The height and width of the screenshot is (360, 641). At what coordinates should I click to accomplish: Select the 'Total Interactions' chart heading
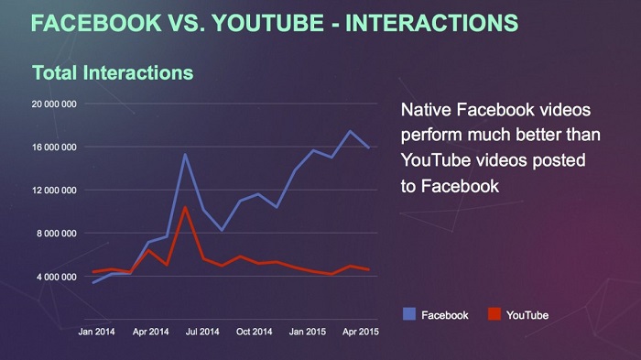pyautogui.click(x=112, y=71)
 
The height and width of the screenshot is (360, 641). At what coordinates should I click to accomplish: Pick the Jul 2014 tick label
pyautogui.click(x=203, y=331)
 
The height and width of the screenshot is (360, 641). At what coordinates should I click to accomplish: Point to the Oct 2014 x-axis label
pyautogui.click(x=255, y=331)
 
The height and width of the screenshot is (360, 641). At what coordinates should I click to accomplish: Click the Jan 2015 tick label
pyautogui.click(x=308, y=331)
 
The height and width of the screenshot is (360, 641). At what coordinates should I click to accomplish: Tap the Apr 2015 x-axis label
pyautogui.click(x=361, y=331)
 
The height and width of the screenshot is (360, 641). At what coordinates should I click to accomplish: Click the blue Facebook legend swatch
pyautogui.click(x=409, y=314)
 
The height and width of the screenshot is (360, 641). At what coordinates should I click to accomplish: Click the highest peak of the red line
pyautogui.click(x=186, y=207)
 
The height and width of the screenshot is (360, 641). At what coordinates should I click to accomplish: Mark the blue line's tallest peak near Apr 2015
pyautogui.click(x=350, y=131)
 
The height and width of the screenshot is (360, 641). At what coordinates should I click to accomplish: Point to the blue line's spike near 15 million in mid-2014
pyautogui.click(x=185, y=154)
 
